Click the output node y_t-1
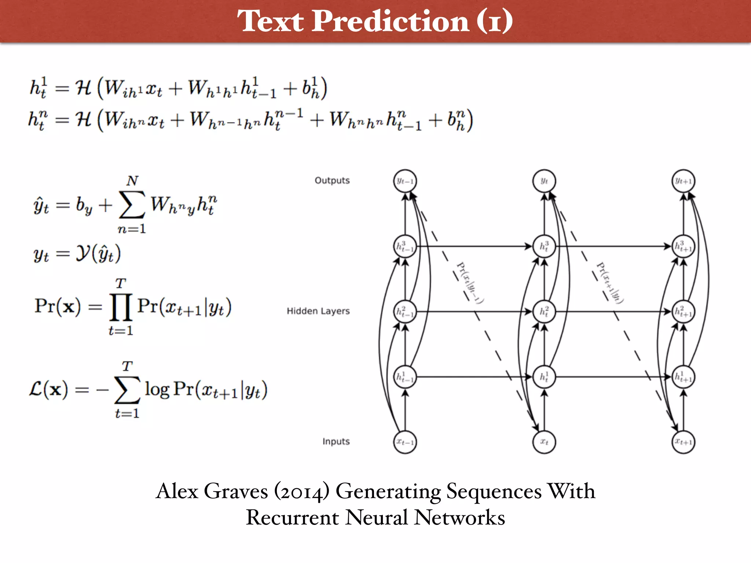click(405, 181)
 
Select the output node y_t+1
click(683, 181)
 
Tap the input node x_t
click(544, 442)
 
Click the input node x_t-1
click(405, 442)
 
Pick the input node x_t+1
click(683, 442)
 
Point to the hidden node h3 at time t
click(544, 246)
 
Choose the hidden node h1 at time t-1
click(405, 377)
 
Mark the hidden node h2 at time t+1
click(683, 312)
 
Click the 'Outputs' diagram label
click(332, 181)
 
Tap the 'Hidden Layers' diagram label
click(318, 311)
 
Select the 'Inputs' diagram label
click(336, 442)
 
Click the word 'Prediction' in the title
click(391, 21)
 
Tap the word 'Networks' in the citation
click(460, 518)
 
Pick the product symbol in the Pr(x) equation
click(121, 307)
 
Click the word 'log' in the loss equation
click(157, 389)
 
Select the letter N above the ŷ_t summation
click(132, 181)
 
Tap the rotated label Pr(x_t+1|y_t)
click(610, 283)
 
